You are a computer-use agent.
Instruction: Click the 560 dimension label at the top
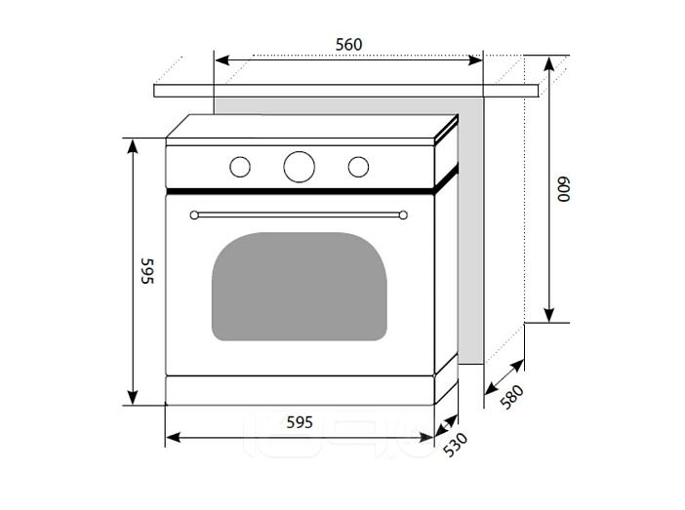(x=348, y=45)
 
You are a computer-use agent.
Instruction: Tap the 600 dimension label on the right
(x=564, y=189)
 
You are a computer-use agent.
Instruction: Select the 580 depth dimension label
(x=511, y=397)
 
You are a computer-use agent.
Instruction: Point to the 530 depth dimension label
(x=456, y=445)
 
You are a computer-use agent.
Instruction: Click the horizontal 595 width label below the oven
(x=300, y=422)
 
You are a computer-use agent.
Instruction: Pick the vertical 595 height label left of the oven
(x=147, y=271)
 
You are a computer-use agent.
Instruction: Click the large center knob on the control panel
(x=299, y=167)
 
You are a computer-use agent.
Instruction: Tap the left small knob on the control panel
(x=240, y=167)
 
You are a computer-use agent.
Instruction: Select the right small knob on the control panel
(x=358, y=167)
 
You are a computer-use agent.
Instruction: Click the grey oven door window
(x=300, y=287)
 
